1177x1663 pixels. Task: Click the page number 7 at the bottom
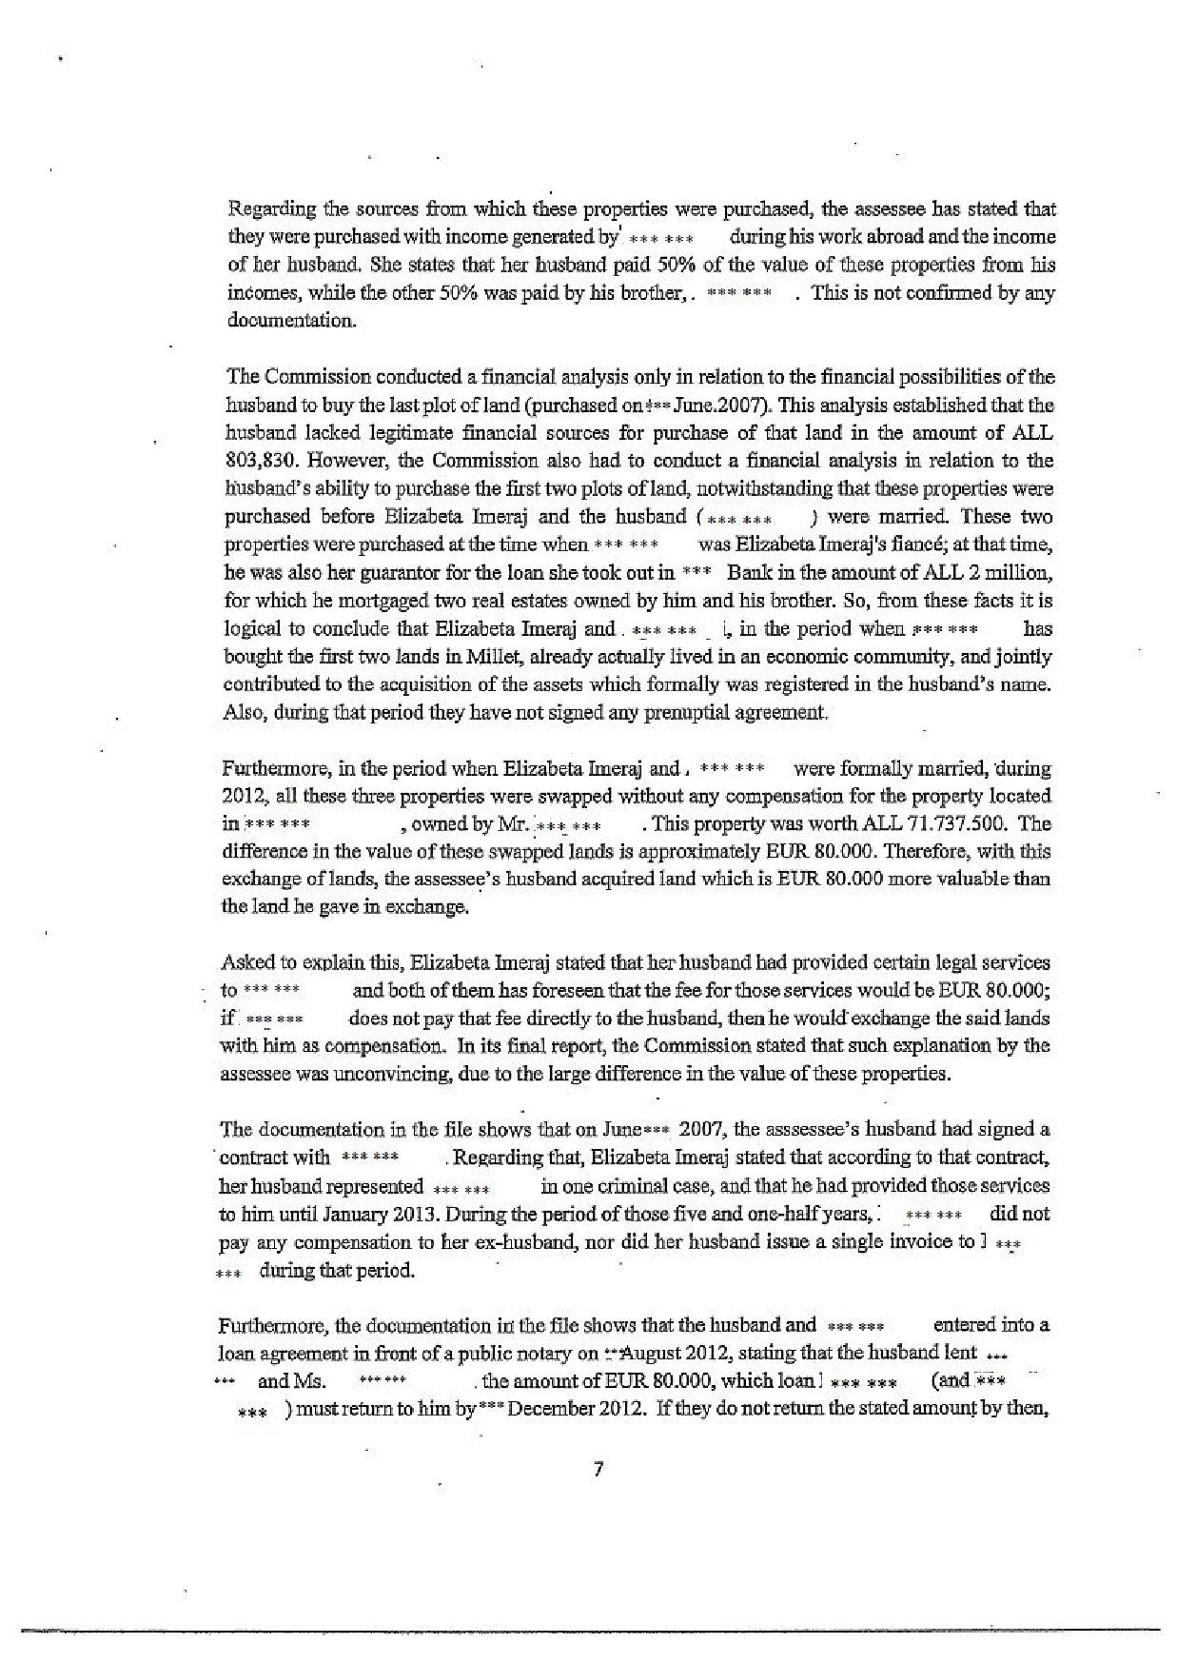(598, 1469)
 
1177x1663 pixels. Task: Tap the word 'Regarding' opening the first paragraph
(262, 208)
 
